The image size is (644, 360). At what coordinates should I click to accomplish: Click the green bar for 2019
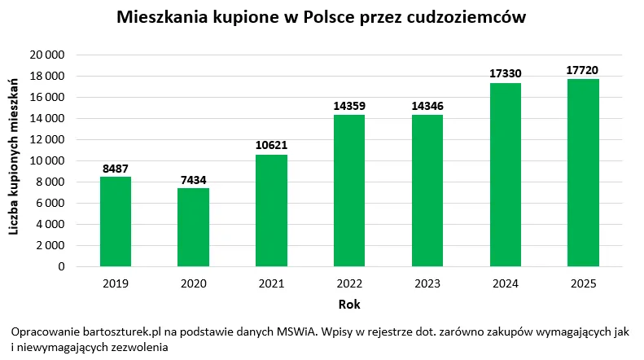[x=115, y=222]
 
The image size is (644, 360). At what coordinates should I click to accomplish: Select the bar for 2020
[x=193, y=227]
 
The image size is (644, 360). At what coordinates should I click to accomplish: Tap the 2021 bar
[x=271, y=210]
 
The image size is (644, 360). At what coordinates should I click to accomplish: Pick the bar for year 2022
[x=349, y=191]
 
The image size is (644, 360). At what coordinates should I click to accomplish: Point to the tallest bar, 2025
[x=583, y=173]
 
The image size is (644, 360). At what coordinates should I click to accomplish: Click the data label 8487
[x=115, y=169]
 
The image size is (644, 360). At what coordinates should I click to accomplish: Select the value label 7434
[x=193, y=180]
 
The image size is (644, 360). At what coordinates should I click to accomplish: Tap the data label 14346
[x=427, y=107]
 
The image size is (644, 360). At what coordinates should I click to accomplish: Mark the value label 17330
[x=505, y=74]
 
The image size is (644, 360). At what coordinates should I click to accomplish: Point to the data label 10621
[x=271, y=146]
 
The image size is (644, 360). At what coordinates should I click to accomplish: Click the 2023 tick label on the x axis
[x=427, y=283]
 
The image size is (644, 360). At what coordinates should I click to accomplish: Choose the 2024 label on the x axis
[x=505, y=283]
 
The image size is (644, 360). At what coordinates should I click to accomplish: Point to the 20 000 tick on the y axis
[x=50, y=55]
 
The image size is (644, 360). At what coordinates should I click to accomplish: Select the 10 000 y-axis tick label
[x=50, y=160]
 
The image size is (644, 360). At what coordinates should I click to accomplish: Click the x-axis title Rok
[x=349, y=305]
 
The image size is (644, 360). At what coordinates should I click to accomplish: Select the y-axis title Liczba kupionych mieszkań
[x=14, y=157]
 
